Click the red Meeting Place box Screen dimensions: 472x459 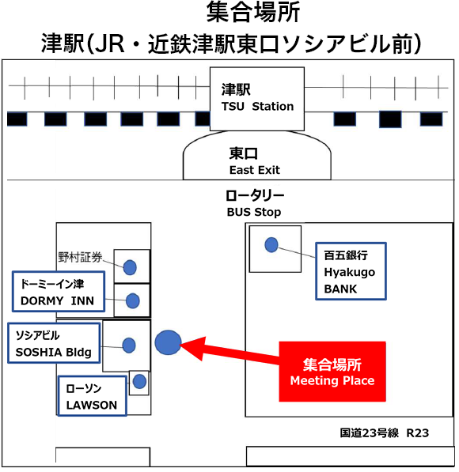[332, 372]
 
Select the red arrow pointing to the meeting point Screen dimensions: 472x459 [237, 352]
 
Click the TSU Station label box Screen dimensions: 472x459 [257, 99]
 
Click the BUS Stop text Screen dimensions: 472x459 [254, 213]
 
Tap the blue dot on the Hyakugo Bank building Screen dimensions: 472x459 [271, 245]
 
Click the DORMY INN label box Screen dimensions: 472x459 [57, 293]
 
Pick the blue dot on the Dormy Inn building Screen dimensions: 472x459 [133, 301]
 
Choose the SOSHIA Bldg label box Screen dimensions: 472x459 [54, 343]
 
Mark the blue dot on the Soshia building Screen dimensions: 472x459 [128, 345]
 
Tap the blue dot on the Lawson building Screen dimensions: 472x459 [140, 382]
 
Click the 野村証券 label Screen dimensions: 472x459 [81, 257]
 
